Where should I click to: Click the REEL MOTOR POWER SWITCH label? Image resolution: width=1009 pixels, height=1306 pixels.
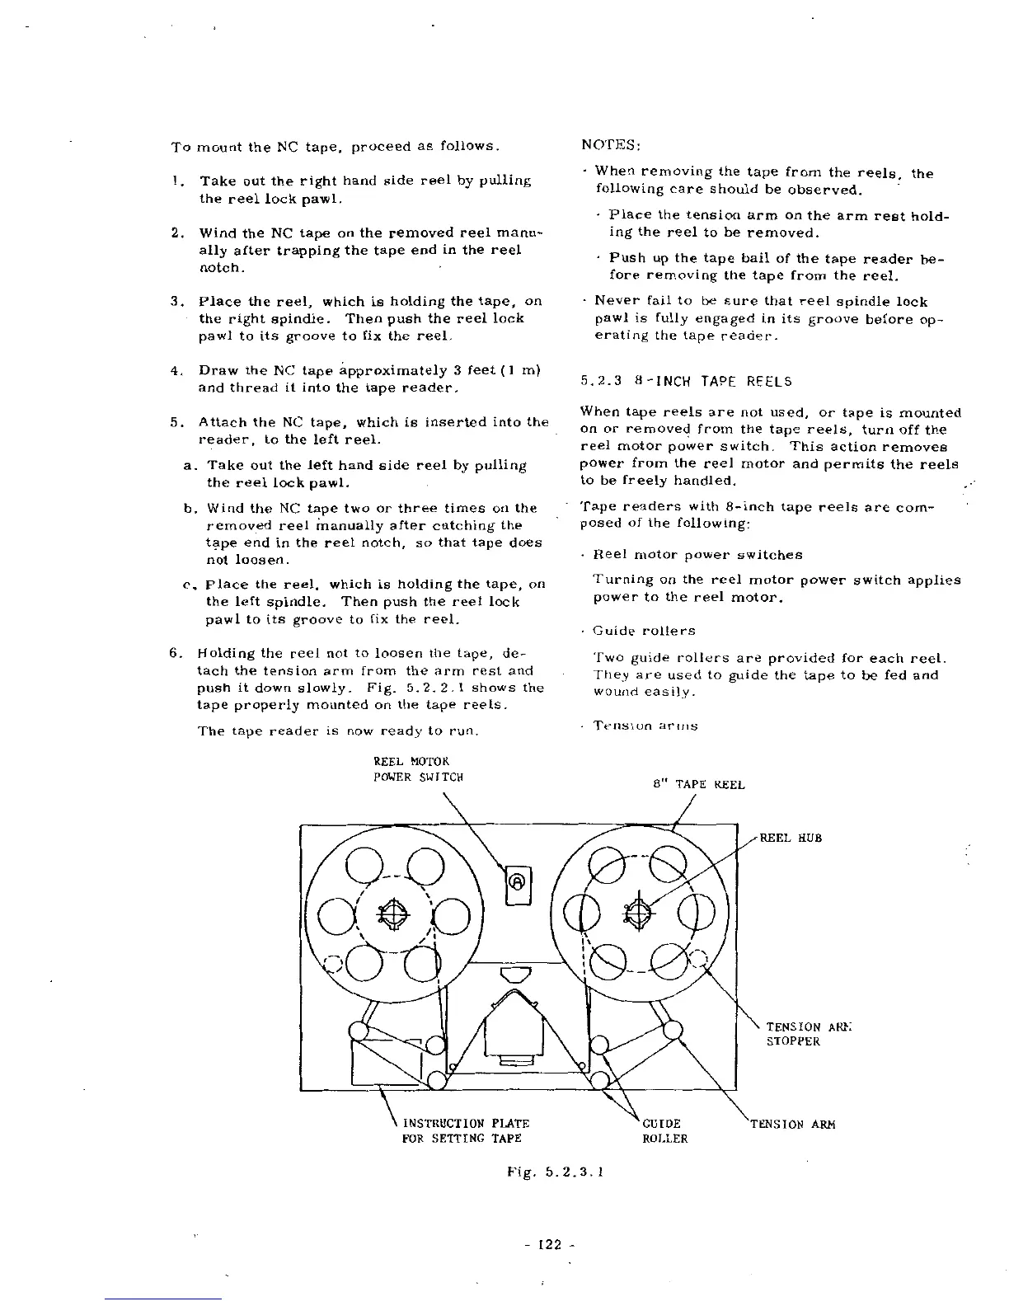418,769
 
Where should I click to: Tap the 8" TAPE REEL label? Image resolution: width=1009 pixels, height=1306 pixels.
698,785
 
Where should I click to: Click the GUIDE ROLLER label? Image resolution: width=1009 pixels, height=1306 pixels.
664,1131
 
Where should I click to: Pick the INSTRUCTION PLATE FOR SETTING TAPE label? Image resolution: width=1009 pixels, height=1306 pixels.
464,1131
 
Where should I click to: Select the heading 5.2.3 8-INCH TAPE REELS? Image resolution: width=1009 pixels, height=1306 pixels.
686,381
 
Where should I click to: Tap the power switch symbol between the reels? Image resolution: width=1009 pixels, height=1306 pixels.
518,881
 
